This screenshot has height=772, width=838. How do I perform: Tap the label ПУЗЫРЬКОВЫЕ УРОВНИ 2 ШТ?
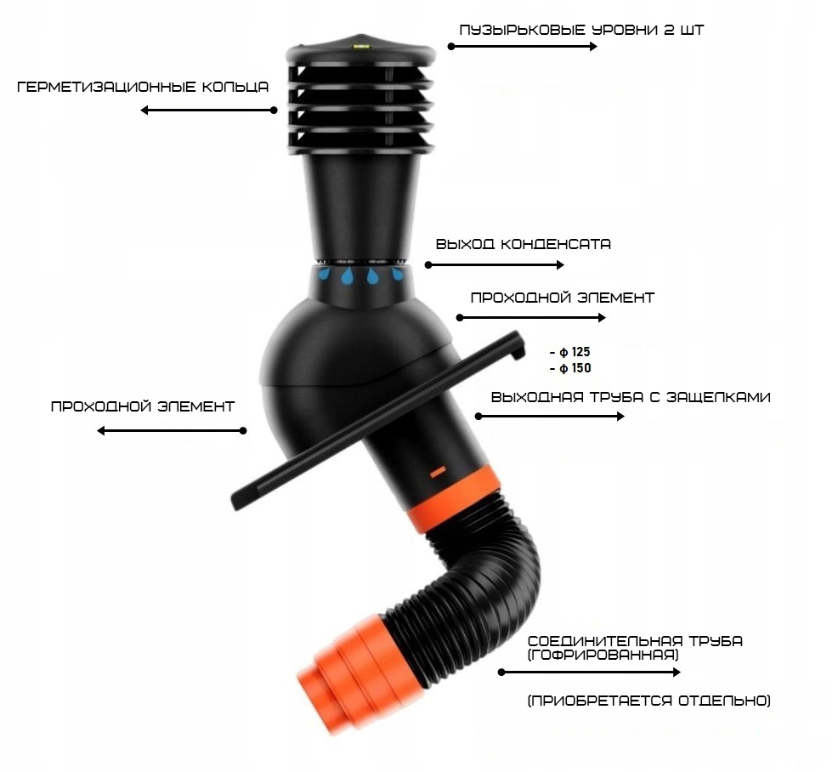click(581, 30)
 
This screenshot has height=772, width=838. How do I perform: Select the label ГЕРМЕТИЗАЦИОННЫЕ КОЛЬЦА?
click(144, 87)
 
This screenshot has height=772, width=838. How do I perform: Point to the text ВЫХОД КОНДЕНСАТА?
click(524, 244)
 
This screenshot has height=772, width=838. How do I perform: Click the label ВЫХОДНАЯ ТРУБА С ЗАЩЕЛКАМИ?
click(631, 397)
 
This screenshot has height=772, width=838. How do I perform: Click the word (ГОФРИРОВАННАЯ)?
click(603, 655)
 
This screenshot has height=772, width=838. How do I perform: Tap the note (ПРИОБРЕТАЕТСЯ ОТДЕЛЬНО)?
click(648, 701)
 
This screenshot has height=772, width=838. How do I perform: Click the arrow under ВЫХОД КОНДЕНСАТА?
click(495, 264)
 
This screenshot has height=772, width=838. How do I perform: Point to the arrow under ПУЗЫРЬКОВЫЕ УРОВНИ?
click(523, 47)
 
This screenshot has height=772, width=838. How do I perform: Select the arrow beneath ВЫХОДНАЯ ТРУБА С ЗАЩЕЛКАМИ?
click(550, 416)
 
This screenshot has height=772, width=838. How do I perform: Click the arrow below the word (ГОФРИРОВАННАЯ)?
click(590, 672)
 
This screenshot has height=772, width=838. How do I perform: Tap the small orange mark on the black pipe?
click(438, 473)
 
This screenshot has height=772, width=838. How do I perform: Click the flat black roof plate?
click(377, 420)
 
